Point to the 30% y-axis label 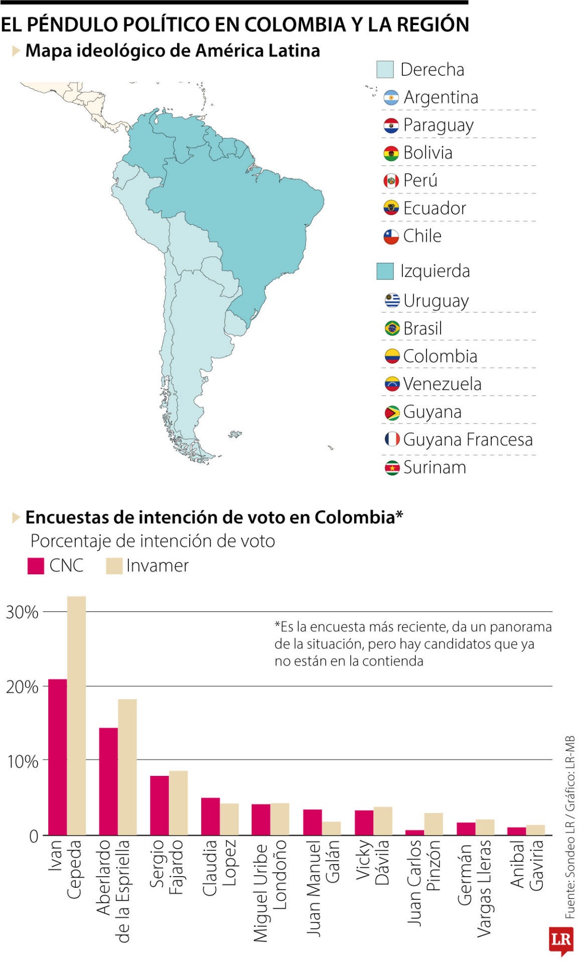point(22,612)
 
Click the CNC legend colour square point(36,566)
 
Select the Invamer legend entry point(148,566)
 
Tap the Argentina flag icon point(391,97)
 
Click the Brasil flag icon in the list point(392,329)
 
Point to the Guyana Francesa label point(467,439)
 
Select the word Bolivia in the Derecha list point(427,152)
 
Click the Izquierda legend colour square point(385,271)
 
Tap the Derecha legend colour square point(385,70)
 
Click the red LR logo point(560,939)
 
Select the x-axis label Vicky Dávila point(372,862)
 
